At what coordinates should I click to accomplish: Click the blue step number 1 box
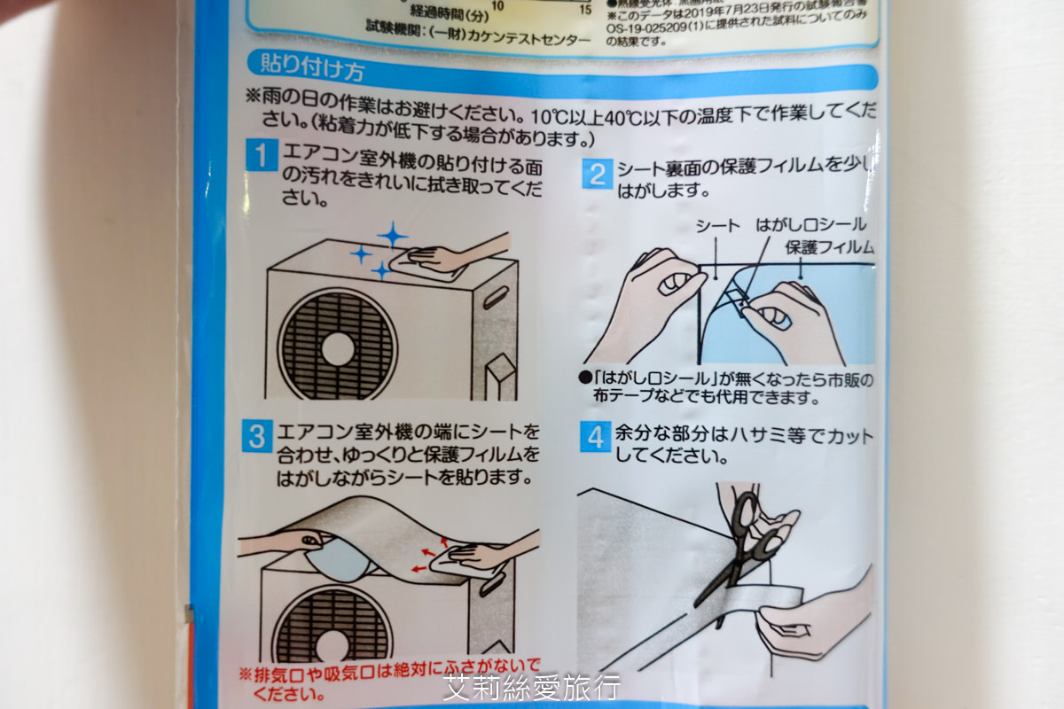[x=262, y=158]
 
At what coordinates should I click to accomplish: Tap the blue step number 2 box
[x=598, y=174]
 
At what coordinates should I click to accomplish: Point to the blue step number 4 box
[x=596, y=437]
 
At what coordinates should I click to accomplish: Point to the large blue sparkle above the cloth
[x=391, y=236]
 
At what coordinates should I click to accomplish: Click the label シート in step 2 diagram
[x=717, y=226]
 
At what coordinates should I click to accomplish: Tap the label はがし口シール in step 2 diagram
[x=810, y=225]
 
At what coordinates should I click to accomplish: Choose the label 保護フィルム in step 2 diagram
[x=830, y=247]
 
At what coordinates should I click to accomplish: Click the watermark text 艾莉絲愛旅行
[x=531, y=687]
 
